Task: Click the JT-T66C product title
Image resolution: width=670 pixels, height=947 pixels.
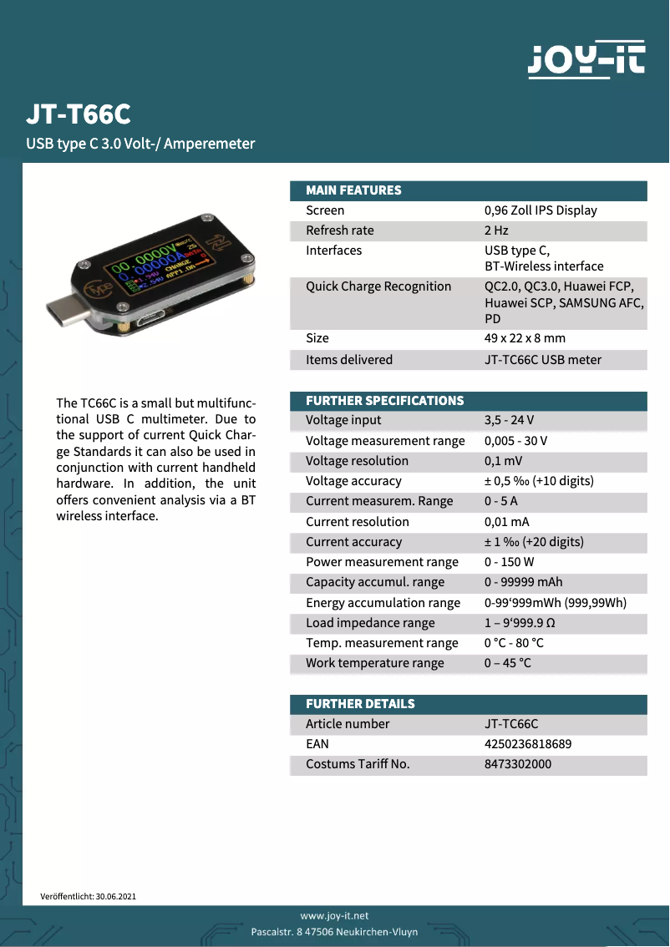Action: [x=79, y=114]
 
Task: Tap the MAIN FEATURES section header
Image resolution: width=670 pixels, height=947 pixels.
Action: [x=353, y=190]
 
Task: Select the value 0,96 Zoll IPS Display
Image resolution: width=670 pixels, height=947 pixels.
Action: [x=541, y=210]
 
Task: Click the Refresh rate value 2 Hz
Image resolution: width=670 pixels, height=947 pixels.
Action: [x=496, y=230]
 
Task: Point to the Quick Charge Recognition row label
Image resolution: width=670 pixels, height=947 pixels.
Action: [x=378, y=286]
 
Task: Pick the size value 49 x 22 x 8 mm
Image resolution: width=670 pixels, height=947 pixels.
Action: [x=525, y=338]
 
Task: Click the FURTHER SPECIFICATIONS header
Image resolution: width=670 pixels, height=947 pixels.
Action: [x=384, y=401]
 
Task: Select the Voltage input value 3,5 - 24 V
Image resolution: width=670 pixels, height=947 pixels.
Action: [x=509, y=420]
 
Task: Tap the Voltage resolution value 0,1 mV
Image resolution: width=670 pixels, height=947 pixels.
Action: [x=503, y=461]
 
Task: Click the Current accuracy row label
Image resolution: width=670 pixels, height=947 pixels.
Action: [x=353, y=542]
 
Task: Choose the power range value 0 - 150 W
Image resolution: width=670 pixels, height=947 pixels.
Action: [x=509, y=562]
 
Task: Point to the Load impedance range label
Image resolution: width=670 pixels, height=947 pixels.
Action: [x=370, y=623]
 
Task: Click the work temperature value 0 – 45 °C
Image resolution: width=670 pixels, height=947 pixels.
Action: [x=507, y=663]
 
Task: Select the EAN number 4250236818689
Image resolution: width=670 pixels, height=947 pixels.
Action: [x=528, y=743]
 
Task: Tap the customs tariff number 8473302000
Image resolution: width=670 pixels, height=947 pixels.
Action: [x=518, y=763]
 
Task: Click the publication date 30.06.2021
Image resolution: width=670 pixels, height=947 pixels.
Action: [x=115, y=896]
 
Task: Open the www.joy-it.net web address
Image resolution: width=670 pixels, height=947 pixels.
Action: [x=334, y=916]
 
